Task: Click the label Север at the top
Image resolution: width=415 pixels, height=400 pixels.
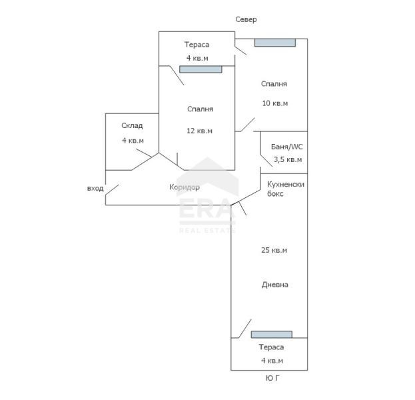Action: (246, 19)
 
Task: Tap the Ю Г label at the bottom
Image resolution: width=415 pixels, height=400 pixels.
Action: (272, 378)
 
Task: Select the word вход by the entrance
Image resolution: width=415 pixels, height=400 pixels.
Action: (95, 189)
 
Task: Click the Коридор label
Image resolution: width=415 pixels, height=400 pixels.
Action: (185, 187)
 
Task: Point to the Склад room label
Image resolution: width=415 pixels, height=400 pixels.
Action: (132, 125)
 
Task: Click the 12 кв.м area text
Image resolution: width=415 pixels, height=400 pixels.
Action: (200, 131)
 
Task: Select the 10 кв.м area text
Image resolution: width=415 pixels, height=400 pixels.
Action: (275, 103)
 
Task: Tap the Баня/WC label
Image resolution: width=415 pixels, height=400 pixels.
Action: (287, 147)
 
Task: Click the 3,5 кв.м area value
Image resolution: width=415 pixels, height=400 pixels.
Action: (288, 159)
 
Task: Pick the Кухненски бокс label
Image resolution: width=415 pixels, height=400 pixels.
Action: (286, 189)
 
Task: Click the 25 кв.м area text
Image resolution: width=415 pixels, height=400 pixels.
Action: (274, 250)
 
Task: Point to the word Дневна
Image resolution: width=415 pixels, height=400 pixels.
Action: (275, 285)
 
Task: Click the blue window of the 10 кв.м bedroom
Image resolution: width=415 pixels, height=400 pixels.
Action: (275, 43)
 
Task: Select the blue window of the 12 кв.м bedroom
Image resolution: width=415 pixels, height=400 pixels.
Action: (201, 69)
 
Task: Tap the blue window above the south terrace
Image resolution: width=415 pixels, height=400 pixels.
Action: (272, 334)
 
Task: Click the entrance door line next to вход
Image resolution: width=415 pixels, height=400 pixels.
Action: (112, 190)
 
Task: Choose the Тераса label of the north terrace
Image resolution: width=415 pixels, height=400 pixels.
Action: (197, 45)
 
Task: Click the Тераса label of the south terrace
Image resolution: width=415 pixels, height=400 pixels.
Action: (271, 347)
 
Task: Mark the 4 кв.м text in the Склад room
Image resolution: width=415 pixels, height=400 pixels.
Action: (133, 141)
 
